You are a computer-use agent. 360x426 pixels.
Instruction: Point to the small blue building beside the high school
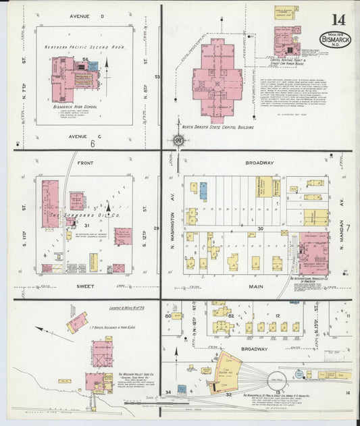pos(93,67)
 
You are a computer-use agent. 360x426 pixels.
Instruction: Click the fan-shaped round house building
pos(228,370)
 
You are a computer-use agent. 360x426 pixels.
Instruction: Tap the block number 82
pos(230,315)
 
